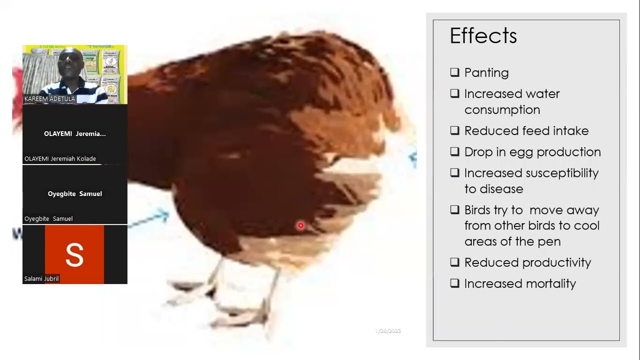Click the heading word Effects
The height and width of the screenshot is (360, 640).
point(483,36)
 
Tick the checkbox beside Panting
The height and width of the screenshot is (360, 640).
point(454,72)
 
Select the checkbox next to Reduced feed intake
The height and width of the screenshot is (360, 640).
point(454,130)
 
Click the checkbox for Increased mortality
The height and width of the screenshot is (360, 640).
point(454,283)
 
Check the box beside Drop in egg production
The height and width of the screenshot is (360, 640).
point(454,151)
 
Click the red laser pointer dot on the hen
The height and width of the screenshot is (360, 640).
point(300,225)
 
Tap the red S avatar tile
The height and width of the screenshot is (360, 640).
point(74,254)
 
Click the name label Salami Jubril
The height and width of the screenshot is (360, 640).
point(41,279)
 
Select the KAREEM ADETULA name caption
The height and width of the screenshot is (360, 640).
point(49,99)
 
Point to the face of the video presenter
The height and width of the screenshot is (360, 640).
point(70,62)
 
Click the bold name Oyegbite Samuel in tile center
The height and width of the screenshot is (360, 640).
point(75,194)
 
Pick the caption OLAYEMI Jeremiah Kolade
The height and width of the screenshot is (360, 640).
point(60,159)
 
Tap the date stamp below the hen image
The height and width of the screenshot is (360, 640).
point(388,331)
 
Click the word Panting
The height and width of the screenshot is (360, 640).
point(486,73)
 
